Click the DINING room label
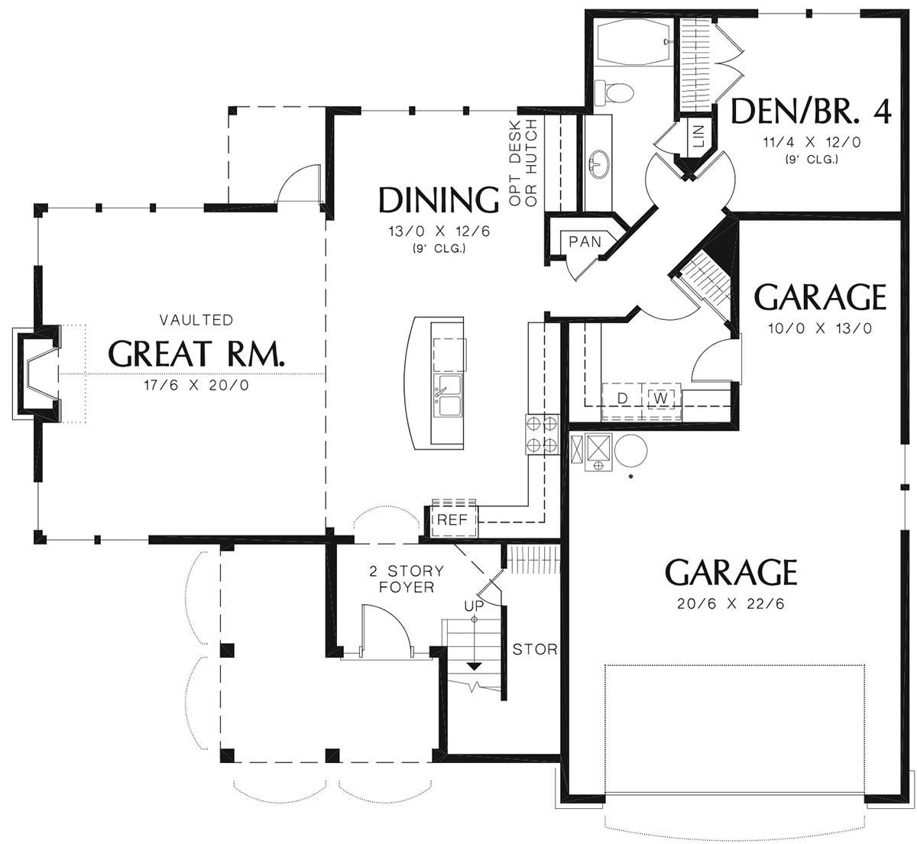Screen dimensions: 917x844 point(439,200)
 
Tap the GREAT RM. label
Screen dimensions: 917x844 point(196,354)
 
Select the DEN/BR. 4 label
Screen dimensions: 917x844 point(812,111)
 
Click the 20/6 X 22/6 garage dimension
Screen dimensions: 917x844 point(731,603)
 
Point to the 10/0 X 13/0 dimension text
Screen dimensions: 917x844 point(820,328)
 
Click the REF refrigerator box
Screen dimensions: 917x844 point(452,519)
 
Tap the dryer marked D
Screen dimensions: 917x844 point(622,399)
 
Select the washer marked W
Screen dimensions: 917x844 point(661,399)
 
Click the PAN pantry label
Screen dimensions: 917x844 point(585,241)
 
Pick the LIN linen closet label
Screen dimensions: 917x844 point(699,136)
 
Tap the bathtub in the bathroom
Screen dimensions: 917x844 point(634,41)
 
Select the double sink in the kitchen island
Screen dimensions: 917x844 point(448,396)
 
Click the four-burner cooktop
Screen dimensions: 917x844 point(542,434)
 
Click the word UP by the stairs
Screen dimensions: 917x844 point(474,606)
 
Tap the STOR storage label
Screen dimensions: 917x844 point(535,649)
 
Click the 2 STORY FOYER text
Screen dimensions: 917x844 point(407,579)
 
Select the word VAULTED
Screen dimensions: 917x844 point(196,320)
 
